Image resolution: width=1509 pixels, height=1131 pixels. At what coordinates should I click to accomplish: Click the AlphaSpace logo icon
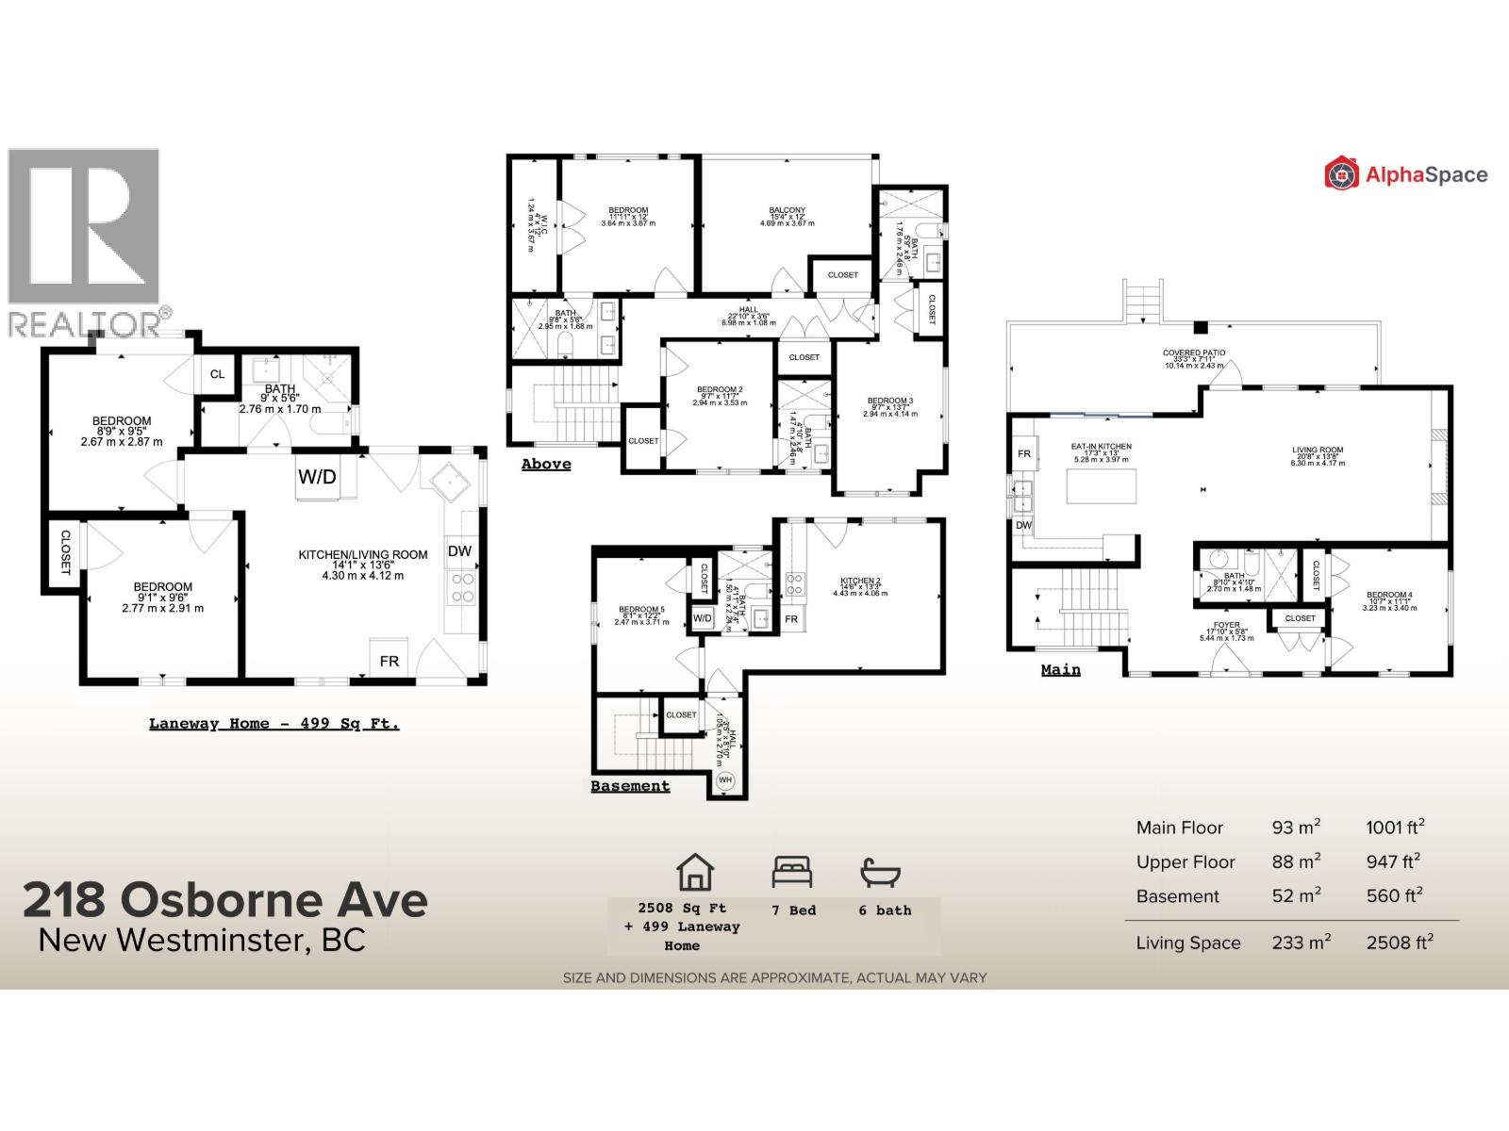click(x=1341, y=174)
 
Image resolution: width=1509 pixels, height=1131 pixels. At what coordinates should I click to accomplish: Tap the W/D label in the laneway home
click(x=317, y=477)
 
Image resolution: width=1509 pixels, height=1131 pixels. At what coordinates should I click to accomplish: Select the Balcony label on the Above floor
click(x=787, y=211)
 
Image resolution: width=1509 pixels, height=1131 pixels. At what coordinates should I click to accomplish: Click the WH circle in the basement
click(x=725, y=780)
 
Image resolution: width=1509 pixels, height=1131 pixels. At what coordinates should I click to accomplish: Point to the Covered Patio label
click(x=1193, y=352)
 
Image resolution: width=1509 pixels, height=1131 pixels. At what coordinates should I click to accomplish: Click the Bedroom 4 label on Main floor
click(x=1389, y=595)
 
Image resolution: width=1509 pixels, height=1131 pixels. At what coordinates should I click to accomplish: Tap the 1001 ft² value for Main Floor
click(x=1394, y=828)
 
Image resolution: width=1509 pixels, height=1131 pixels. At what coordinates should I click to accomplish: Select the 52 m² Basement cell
click(x=1296, y=895)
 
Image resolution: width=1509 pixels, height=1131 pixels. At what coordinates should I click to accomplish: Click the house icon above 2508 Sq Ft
click(x=696, y=872)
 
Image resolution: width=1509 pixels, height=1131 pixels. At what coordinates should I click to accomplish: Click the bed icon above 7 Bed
click(x=791, y=872)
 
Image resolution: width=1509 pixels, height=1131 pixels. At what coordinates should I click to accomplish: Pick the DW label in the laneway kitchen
click(x=459, y=551)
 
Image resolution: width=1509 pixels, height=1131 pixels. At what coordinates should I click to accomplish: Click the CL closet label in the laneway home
click(x=217, y=374)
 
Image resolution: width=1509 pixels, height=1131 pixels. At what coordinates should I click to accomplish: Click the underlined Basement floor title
click(x=630, y=786)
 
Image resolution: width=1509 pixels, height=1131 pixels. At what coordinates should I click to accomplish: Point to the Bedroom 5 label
click(x=641, y=610)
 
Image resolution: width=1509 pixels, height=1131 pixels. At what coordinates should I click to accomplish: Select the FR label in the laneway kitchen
click(x=390, y=662)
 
